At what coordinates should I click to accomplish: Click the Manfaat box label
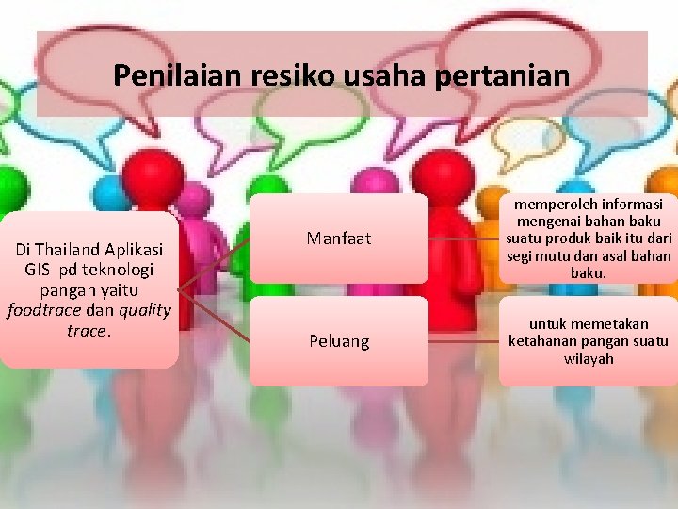tap(339, 238)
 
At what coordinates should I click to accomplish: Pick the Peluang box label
tap(339, 340)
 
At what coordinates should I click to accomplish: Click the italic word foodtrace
tap(44, 310)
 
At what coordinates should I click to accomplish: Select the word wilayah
tap(589, 358)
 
